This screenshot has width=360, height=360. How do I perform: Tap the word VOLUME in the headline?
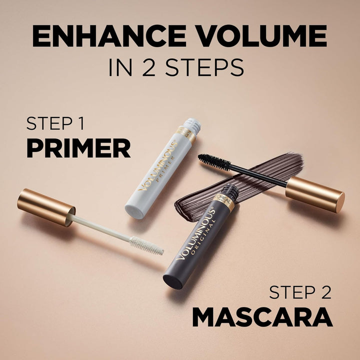click(260, 36)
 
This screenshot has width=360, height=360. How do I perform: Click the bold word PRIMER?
click(78, 148)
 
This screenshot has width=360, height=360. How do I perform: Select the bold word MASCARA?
click(262, 317)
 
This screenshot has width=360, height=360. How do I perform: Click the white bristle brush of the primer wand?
click(146, 245)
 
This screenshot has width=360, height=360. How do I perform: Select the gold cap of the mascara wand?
click(315, 193)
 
